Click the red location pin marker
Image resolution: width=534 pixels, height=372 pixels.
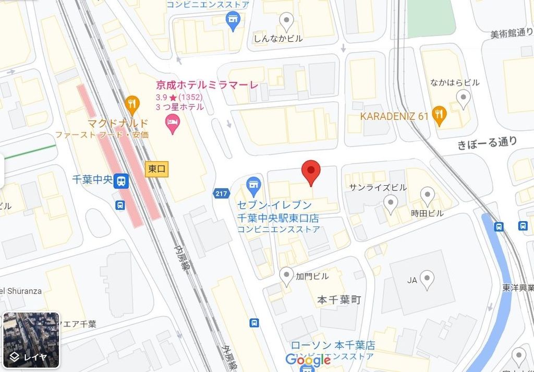(x=311, y=171)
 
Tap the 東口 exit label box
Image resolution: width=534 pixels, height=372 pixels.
(x=157, y=169)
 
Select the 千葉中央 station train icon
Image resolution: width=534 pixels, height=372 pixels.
(x=121, y=181)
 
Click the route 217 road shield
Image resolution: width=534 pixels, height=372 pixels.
(x=221, y=194)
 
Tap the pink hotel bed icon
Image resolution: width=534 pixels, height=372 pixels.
(x=172, y=124)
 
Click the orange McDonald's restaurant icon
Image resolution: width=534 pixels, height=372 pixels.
(x=132, y=104)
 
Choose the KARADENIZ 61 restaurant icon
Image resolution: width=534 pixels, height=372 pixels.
(x=440, y=115)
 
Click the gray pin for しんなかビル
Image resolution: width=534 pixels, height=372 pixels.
(x=286, y=21)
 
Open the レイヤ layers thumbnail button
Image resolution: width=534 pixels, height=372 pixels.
(x=31, y=340)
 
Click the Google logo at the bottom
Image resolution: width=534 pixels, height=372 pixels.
(x=308, y=359)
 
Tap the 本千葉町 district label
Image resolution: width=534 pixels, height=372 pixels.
(x=339, y=300)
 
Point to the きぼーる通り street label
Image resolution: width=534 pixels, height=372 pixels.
(x=487, y=142)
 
